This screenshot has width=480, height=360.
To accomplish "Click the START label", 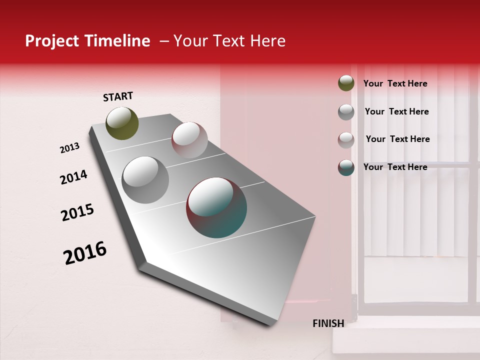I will tap(118, 96).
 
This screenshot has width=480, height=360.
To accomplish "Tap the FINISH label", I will tap(328, 323).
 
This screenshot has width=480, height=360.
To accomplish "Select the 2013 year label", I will tap(70, 148).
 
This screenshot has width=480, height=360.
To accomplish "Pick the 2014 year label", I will tap(73, 177).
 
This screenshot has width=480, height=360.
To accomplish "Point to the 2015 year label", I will tap(77, 212).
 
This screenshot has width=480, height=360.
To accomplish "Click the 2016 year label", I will tap(85, 253).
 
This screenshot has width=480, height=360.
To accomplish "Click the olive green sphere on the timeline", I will tap(122, 123).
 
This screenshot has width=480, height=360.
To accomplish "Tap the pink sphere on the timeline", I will tap(189, 140).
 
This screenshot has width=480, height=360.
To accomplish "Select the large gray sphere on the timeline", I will tap(145, 180).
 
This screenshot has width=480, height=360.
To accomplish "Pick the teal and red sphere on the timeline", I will tap(216, 207).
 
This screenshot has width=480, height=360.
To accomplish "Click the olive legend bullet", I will tap(346, 83).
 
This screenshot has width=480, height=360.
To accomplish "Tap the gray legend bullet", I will tap(346, 112).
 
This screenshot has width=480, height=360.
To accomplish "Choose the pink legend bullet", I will tap(346, 140).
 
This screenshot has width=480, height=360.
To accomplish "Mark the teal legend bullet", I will tap(346, 167).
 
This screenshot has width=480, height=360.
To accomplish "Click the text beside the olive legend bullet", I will tap(395, 83).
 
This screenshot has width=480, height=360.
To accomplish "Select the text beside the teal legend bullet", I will tap(395, 167).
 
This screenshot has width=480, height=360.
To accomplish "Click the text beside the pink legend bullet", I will tap(397, 139).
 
